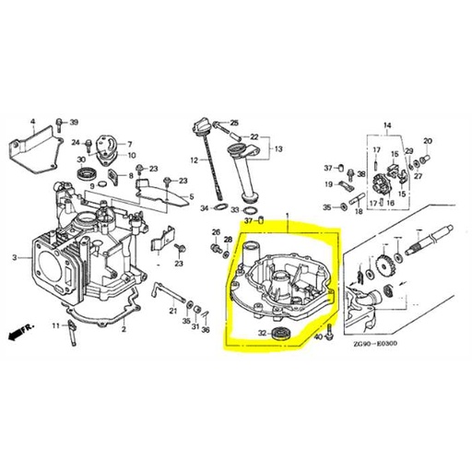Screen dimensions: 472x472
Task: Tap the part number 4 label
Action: pyautogui.click(x=32, y=122)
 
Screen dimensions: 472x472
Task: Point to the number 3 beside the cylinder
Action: pyautogui.click(x=14, y=258)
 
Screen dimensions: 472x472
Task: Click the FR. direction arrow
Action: pyautogui.click(x=16, y=328)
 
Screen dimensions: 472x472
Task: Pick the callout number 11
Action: pyautogui.click(x=55, y=325)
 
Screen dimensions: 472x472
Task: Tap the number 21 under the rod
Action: pyautogui.click(x=172, y=312)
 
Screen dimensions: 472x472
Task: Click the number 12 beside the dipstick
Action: pyautogui.click(x=195, y=160)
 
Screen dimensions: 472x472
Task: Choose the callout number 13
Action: pyautogui.click(x=278, y=148)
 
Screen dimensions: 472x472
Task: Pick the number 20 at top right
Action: pyautogui.click(x=427, y=141)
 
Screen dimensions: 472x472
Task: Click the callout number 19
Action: pyautogui.click(x=328, y=183)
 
